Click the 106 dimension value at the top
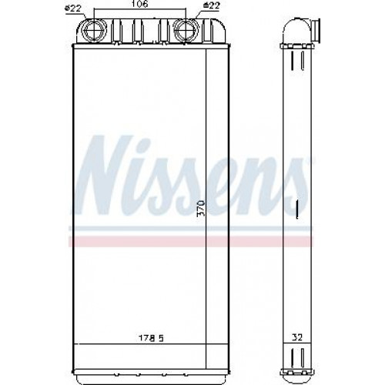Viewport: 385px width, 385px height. tap(140, 4)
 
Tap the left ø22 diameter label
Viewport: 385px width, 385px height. tap(72, 8)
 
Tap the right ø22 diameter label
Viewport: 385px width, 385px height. tap(211, 5)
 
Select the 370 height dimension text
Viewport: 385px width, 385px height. tap(202, 208)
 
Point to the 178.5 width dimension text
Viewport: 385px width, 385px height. tap(152, 338)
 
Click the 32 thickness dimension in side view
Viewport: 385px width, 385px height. tap(297, 337)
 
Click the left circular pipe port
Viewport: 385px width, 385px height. tap(94, 30)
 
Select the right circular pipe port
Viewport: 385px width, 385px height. tap(186, 30)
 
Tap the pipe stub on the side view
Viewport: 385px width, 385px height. tap(316, 30)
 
